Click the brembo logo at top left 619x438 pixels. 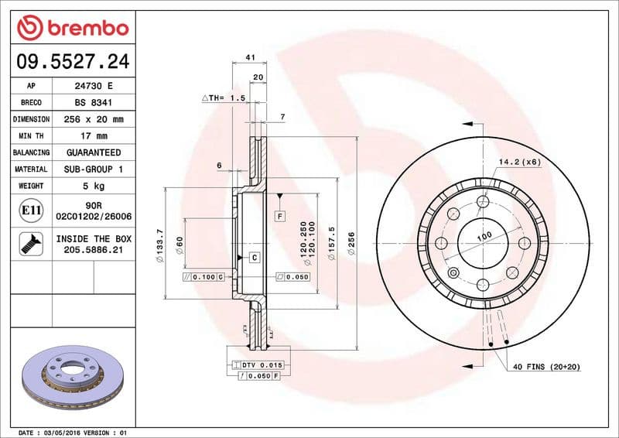click(72, 29)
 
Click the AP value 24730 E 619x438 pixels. click(94, 86)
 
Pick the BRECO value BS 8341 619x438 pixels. click(94, 102)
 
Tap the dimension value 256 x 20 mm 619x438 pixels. click(94, 119)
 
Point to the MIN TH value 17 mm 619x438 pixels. click(94, 136)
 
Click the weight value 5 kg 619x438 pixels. click(94, 186)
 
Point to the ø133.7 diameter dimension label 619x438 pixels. click(159, 247)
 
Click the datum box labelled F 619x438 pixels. click(280, 217)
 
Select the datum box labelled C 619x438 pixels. click(253, 256)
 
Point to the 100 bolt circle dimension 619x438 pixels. click(484, 236)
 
